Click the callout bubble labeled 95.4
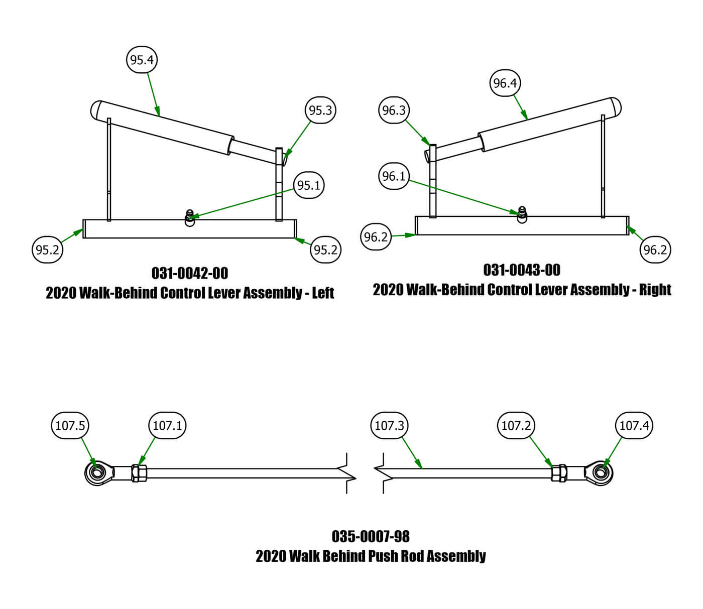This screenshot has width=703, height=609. pos(142,60)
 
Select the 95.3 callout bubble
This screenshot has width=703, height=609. pos(320,110)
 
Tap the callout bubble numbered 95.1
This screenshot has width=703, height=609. pos(308,185)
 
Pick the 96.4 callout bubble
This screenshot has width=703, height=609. pos(505,83)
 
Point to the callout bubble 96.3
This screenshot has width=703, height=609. pos(394,110)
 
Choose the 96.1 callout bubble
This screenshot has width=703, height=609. pos(394,176)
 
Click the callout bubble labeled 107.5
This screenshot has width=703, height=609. pos(70,426)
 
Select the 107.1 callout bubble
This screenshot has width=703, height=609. pos(167,426)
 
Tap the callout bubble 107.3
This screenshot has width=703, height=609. pos(389,426)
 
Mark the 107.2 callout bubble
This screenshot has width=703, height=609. pos(516,426)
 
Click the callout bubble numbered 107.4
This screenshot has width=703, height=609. pos(634,426)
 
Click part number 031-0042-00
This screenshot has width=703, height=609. pos(190,273)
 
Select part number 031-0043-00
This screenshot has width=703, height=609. pos(522,270)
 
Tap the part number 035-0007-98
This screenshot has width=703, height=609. pos(371,537)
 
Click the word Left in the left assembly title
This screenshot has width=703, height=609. pos(323,293)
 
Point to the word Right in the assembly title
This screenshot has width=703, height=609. pos(655,290)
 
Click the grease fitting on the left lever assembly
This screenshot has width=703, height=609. pos(190,217)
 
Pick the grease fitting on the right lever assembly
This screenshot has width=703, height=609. pos(522,214)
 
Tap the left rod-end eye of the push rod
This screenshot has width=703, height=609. pos(96,473)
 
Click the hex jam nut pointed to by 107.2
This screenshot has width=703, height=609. pos(558,473)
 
